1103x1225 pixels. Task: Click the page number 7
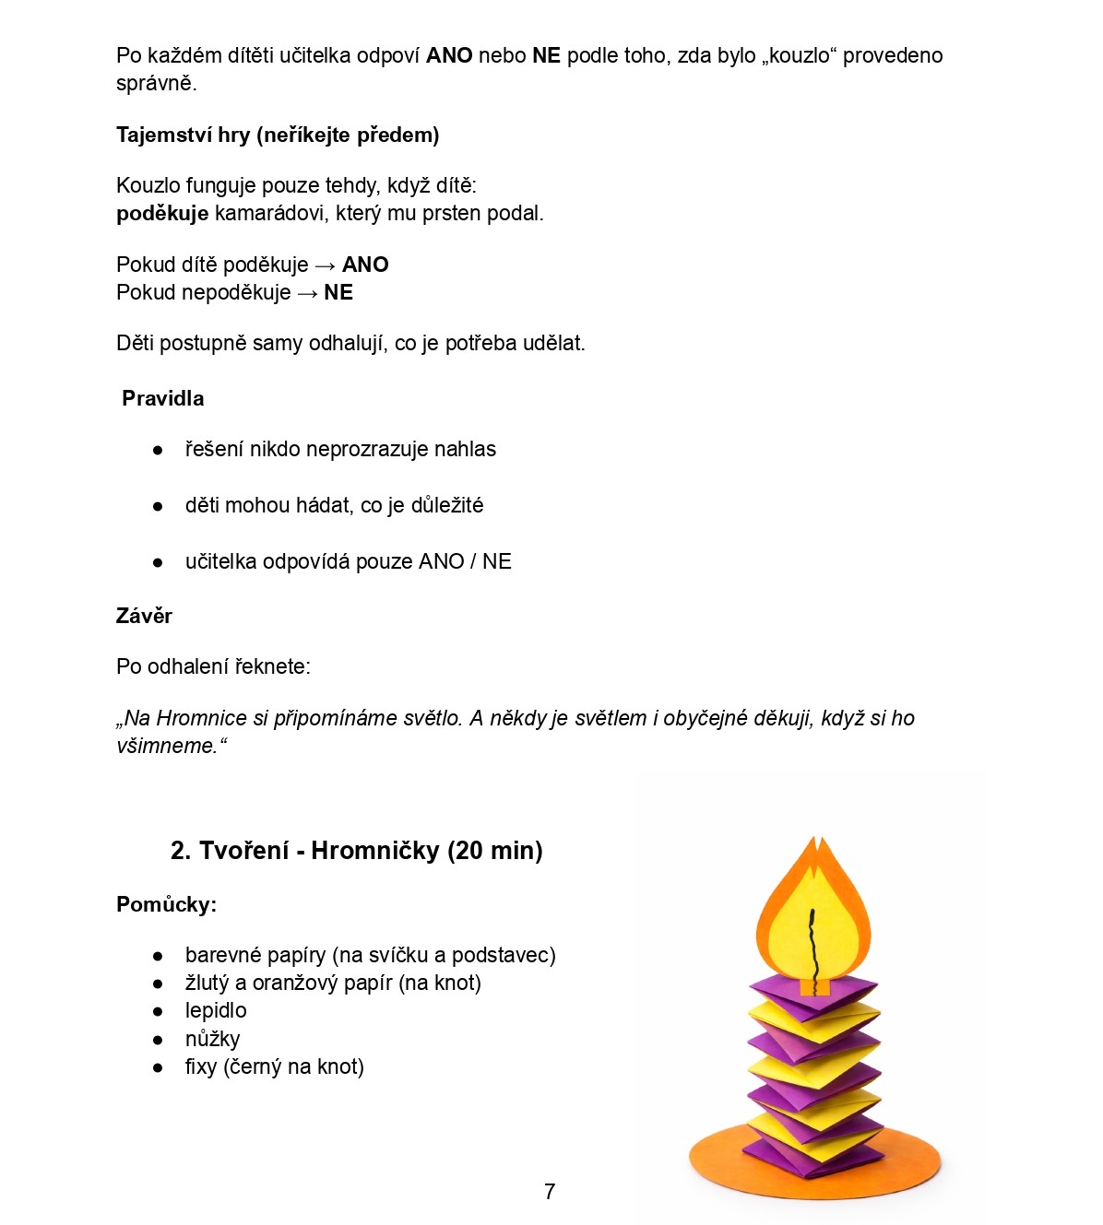550,1192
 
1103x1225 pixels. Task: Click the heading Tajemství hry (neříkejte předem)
278,135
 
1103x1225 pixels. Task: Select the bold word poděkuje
162,214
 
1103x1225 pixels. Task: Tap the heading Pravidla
163,399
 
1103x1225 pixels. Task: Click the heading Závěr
144,617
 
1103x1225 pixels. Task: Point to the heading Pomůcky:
166,905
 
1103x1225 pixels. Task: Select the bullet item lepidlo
216,1011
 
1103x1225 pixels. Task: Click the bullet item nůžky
212,1040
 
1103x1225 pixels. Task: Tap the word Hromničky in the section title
374,851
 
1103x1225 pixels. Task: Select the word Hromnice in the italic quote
201,719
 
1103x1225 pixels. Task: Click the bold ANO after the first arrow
365,265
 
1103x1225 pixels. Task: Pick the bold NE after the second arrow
338,293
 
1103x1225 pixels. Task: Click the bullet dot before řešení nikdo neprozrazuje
158,451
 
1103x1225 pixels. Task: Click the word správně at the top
156,84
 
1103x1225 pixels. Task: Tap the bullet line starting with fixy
274,1067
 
